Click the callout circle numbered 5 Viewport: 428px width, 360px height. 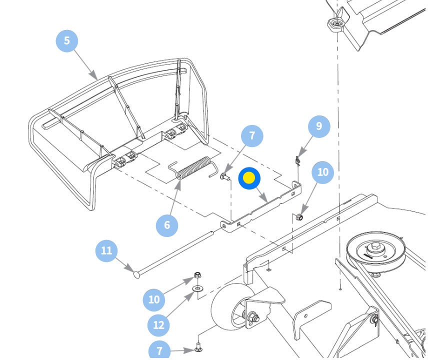pos(67,40)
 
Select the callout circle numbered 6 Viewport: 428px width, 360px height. pos(167,225)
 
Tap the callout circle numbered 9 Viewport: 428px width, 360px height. pos(319,126)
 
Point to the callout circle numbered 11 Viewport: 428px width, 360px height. pos(106,250)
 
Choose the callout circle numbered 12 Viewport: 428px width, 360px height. pos(158,325)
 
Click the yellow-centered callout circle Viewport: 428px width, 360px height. pos(249,178)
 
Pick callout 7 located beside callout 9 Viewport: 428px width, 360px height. pos(252,135)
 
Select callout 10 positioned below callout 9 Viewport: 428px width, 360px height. pos(323,172)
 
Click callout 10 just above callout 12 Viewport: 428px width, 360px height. pos(153,300)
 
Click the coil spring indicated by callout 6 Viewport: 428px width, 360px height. pos(193,168)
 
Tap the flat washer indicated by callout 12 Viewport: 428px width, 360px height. pos(198,289)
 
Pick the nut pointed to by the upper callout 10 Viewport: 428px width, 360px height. pos(299,216)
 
